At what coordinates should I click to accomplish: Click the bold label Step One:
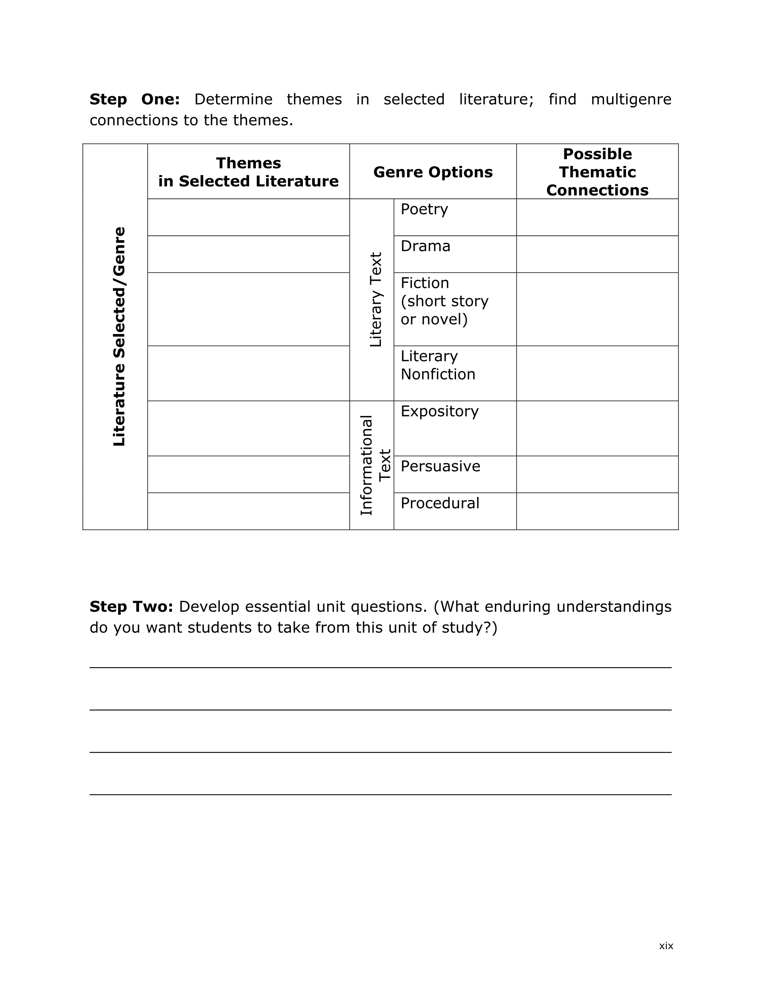[x=134, y=99]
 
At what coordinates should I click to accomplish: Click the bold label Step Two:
[x=131, y=607]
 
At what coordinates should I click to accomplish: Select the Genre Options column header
[x=433, y=172]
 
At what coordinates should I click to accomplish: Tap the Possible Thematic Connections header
[x=597, y=172]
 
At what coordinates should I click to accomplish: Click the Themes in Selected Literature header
[x=248, y=172]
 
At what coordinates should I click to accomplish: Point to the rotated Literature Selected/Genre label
[x=119, y=337]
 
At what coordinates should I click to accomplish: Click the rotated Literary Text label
[x=375, y=299]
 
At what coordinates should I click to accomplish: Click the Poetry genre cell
[x=424, y=209]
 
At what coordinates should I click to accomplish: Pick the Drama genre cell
[x=425, y=246]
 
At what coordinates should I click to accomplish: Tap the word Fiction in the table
[x=424, y=283]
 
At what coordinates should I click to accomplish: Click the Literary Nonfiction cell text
[x=438, y=365]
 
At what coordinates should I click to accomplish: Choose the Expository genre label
[x=439, y=411]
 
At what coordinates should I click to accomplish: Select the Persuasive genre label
[x=440, y=466]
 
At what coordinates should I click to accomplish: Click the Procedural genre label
[x=440, y=503]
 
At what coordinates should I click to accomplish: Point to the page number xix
[x=666, y=946]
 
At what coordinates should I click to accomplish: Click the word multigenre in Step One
[x=630, y=99]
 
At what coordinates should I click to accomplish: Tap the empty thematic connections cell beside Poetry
[x=597, y=218]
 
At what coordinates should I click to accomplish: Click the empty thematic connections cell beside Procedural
[x=597, y=511]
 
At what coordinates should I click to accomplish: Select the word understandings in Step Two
[x=613, y=607]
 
